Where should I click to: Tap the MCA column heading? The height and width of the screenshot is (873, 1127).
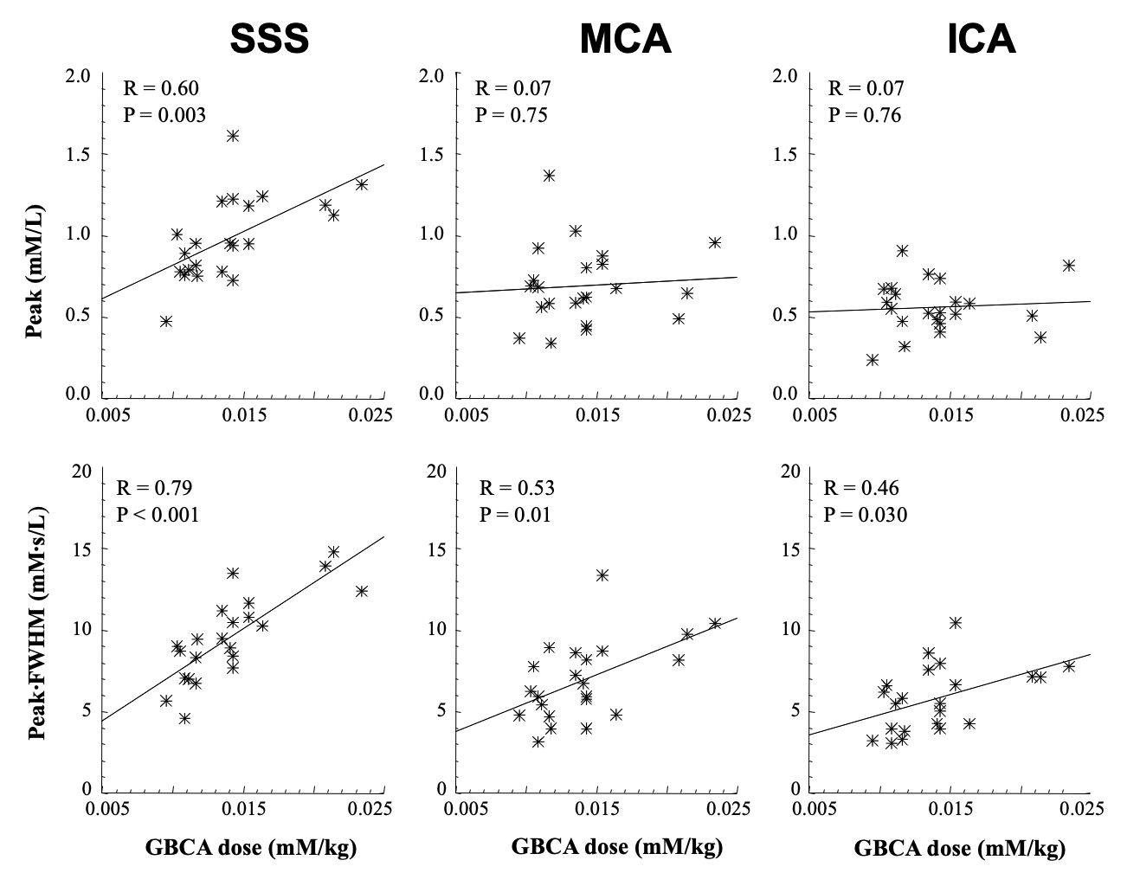(x=624, y=39)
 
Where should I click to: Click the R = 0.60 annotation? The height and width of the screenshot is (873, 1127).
(x=162, y=88)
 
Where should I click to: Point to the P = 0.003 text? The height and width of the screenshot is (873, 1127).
(x=164, y=115)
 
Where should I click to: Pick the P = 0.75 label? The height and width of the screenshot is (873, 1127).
(x=512, y=115)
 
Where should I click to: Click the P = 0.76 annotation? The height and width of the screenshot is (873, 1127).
(x=865, y=115)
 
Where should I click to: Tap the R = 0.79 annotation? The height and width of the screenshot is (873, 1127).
(x=157, y=488)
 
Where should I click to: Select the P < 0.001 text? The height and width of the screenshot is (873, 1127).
(x=158, y=515)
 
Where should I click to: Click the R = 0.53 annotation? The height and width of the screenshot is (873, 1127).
(x=518, y=488)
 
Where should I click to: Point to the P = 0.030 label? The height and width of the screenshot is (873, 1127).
(x=866, y=515)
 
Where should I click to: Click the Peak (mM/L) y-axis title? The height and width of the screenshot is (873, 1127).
(x=35, y=235)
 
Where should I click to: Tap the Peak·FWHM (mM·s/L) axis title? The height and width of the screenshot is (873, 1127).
(x=35, y=630)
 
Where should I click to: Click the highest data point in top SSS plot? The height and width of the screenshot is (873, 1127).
(x=233, y=136)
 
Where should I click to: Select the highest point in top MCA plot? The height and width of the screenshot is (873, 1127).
(x=549, y=176)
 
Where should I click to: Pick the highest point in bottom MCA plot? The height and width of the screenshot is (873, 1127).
(x=602, y=575)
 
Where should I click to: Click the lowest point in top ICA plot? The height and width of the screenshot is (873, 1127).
(x=873, y=360)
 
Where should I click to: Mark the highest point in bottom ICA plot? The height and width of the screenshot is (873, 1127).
(x=956, y=623)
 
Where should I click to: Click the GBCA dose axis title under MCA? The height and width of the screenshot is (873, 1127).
(x=616, y=847)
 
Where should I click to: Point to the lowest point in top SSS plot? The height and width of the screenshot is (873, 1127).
(x=166, y=321)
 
